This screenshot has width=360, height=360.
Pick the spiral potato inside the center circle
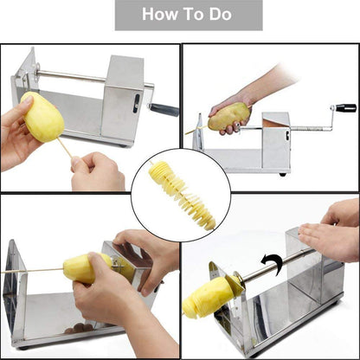[180, 195]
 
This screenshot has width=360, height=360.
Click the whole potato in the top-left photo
[42, 117]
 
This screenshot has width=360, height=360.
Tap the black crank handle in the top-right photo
[345, 108]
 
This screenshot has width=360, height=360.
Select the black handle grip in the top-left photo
[164, 110]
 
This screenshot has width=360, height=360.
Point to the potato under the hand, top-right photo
[229, 115]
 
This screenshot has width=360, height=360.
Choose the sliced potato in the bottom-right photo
[207, 297]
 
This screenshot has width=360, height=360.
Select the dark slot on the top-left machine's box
[134, 102]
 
